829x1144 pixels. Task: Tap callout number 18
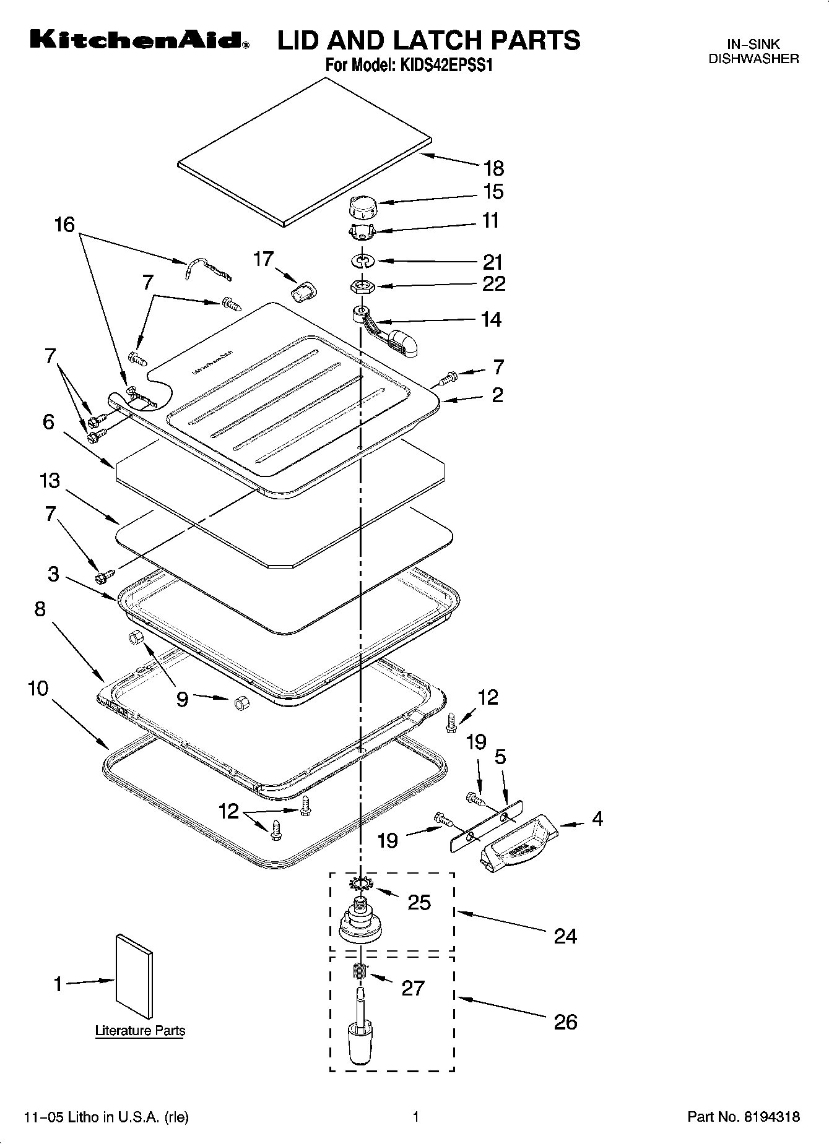[493, 168]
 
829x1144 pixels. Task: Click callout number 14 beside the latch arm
[491, 319]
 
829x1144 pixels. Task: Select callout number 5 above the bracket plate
[500, 756]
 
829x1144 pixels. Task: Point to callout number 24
[565, 936]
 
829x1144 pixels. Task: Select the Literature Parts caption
[140, 1031]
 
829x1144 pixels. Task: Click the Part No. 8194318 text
[744, 1117]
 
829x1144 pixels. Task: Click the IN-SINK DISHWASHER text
[753, 52]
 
